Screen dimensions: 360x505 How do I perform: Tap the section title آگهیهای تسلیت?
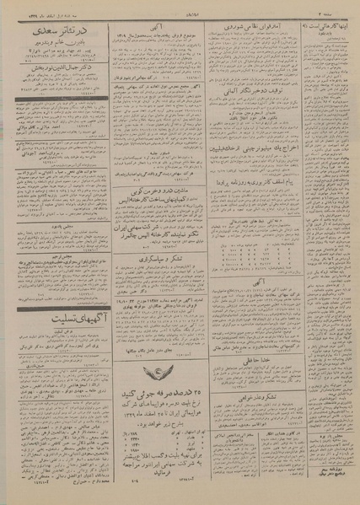click(51, 314)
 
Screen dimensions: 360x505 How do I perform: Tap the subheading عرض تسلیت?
click(52, 330)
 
